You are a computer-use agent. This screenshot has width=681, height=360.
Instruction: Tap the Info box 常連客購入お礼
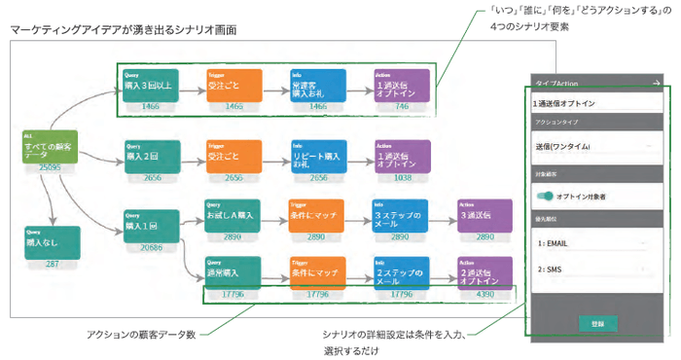(317, 84)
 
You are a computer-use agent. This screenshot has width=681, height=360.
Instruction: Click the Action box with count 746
(402, 84)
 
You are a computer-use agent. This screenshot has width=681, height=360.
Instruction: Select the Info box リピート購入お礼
(317, 155)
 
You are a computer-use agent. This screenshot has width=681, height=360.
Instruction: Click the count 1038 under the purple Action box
(402, 178)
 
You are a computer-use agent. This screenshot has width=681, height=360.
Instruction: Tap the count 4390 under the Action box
(484, 293)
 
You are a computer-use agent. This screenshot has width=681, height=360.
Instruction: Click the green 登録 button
(597, 322)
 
